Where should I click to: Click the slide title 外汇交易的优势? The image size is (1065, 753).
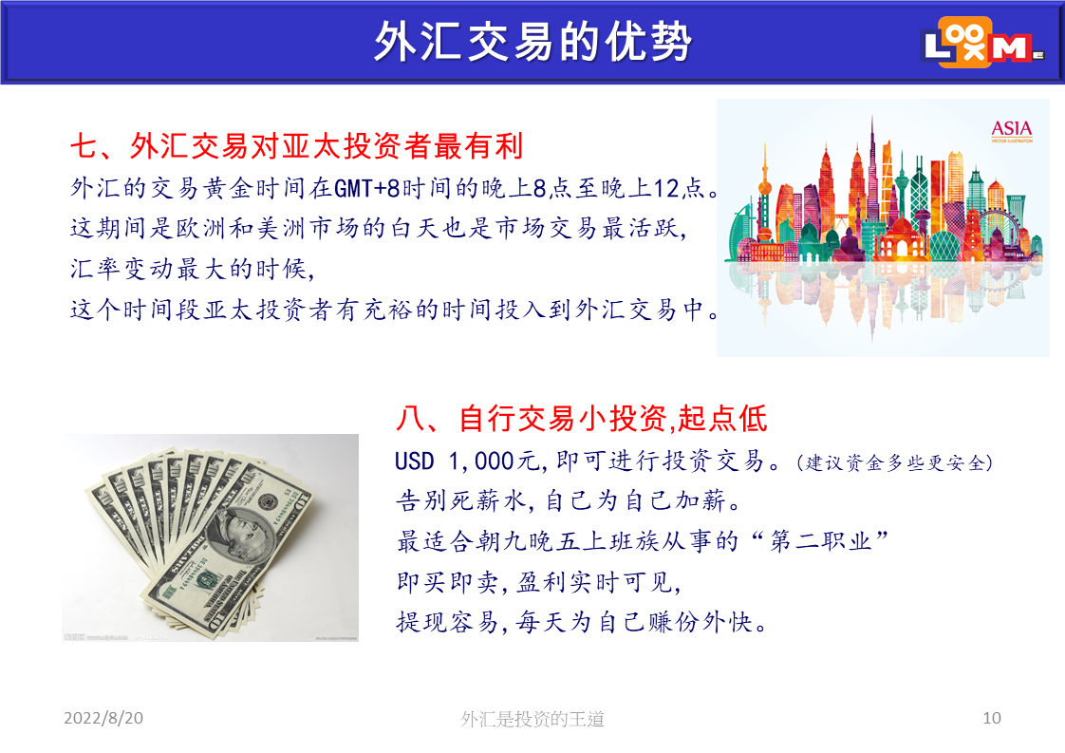tap(532, 42)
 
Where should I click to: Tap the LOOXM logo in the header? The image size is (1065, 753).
tap(982, 44)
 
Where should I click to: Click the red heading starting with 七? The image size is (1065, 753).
tap(297, 146)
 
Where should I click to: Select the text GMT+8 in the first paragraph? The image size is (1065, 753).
tap(366, 188)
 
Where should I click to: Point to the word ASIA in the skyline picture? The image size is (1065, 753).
tap(1011, 128)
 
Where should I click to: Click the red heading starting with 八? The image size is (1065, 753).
tap(582, 418)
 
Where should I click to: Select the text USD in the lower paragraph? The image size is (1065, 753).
tap(414, 461)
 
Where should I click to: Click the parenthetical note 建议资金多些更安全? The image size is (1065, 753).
tap(895, 462)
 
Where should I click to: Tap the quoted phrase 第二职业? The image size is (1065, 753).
tap(820, 541)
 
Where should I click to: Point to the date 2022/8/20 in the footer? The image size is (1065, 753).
tap(103, 718)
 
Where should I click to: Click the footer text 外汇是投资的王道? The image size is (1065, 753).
tap(532, 718)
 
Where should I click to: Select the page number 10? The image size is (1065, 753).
tap(992, 718)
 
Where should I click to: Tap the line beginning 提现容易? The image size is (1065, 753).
tap(582, 622)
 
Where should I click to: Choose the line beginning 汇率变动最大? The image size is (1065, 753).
tap(193, 269)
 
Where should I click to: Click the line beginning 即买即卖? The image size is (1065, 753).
tap(538, 582)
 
